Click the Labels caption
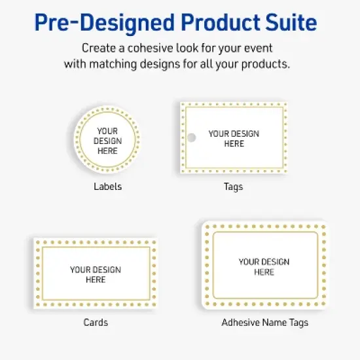[x=107, y=187]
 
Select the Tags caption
[x=233, y=187]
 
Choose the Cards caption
[x=96, y=322]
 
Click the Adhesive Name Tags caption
[x=264, y=323]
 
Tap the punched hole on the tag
[x=192, y=137]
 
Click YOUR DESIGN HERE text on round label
[x=107, y=141]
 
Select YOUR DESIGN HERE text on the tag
[x=234, y=138]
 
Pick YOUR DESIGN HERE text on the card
[x=96, y=274]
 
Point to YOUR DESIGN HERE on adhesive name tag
[x=264, y=267]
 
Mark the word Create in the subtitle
[x=97, y=48]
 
